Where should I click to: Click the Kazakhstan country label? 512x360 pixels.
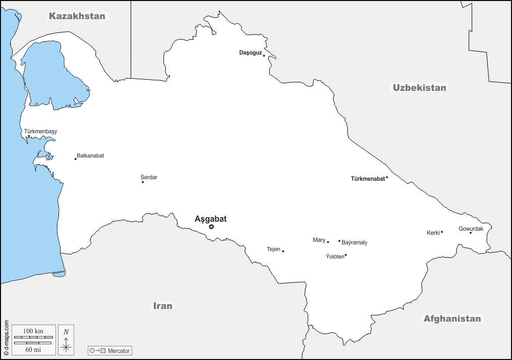[77, 16]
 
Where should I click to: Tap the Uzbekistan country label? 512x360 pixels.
[420, 88]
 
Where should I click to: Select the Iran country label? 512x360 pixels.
[163, 306]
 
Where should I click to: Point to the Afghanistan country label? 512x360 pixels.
[452, 319]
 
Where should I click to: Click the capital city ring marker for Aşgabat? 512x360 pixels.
[211, 227]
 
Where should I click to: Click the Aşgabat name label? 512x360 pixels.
[211, 219]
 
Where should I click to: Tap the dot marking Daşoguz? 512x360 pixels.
[264, 56]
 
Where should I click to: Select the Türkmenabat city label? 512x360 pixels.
[368, 179]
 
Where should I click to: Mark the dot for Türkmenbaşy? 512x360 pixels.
[29, 136]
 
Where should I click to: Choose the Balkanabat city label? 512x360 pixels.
[90, 156]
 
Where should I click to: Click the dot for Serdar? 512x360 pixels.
[143, 182]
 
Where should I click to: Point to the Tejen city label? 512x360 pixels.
[273, 249]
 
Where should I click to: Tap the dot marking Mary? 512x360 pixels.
[328, 242]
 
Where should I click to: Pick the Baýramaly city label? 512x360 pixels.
[355, 243]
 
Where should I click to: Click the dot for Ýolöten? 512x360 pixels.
[346, 255]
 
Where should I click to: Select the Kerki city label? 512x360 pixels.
[433, 233]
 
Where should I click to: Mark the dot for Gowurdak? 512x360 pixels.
[471, 233]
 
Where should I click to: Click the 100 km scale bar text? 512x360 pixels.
[33, 330]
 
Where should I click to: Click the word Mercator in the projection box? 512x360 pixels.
[119, 350]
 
